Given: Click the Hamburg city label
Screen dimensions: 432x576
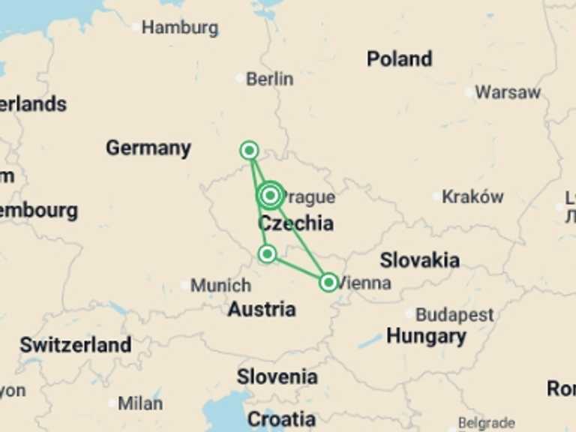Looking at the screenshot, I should coord(180,28).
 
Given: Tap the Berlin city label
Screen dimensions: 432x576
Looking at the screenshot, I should coord(269,79).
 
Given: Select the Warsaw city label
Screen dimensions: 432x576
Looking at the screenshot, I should coord(507,93).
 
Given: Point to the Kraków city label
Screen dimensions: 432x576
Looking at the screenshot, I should coord(472,197).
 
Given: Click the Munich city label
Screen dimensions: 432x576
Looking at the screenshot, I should coord(220,286).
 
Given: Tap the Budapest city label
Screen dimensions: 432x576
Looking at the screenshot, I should coord(454,315).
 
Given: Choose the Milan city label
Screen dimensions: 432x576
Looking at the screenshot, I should coord(139,403).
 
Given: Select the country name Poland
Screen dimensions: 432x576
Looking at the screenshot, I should coord(399,59).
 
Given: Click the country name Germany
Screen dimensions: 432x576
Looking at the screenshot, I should coord(148,148).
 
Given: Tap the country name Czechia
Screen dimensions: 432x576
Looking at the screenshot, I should coord(295,223).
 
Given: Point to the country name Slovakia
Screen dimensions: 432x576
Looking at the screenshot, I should coord(419,261).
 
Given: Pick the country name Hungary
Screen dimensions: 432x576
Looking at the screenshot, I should coord(426,337).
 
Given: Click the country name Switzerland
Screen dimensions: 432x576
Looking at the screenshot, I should coord(75,345).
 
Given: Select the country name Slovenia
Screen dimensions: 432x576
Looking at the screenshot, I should coord(277,376).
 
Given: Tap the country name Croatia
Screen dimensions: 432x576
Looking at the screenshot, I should coord(281,418).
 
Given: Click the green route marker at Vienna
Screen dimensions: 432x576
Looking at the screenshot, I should coord(328,282).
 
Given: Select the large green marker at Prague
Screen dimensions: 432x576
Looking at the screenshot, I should coord(271,196).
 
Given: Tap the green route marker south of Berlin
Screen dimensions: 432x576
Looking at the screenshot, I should coord(249,151).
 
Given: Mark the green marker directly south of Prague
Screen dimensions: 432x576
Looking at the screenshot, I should coord(267,254).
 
